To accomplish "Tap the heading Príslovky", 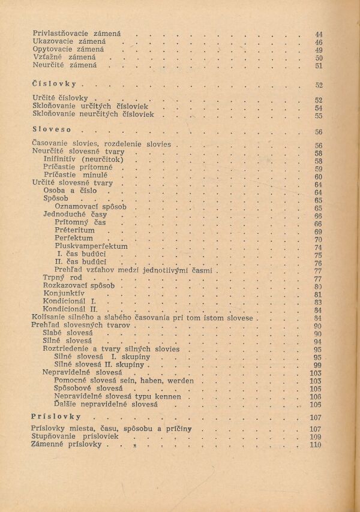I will pos(56,415).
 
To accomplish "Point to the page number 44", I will pos(319,35).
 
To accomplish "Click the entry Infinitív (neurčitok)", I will pos(83,160).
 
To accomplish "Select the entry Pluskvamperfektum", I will pos(91,246).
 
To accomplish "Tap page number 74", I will pos(318,247).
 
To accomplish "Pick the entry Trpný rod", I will pos(62,278).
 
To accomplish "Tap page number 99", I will pos(318,365).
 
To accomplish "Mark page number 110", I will pos(316,445).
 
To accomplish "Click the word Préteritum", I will pos(74,230).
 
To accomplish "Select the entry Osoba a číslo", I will pos(70,191).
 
